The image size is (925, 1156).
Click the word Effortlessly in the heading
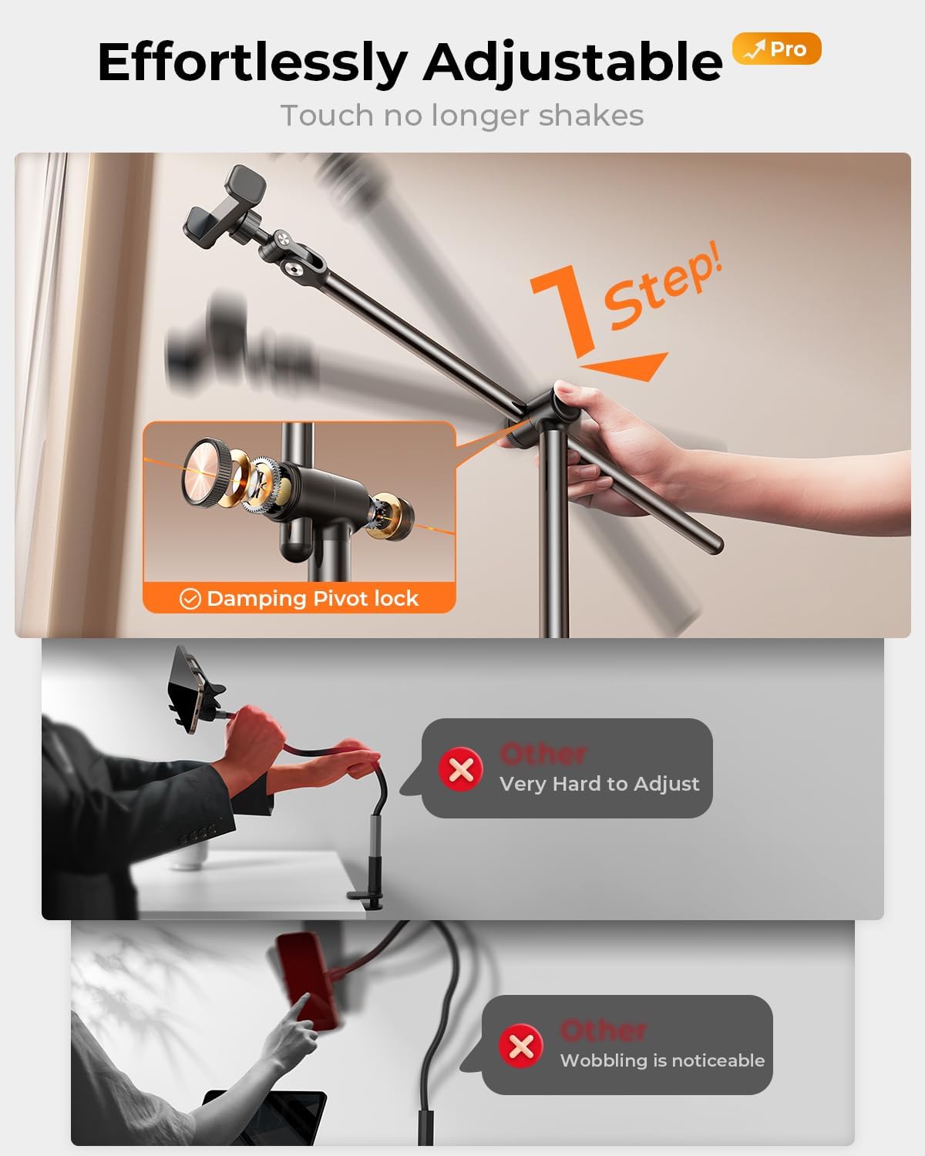click(252, 62)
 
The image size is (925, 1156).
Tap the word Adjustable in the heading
click(573, 63)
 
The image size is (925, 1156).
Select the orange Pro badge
click(777, 49)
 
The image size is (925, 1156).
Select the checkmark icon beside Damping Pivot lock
click(190, 598)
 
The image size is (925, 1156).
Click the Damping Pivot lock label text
click(312, 598)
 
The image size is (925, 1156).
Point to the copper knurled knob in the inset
click(206, 472)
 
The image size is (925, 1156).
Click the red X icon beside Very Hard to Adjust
click(461, 769)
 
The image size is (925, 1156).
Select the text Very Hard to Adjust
click(599, 784)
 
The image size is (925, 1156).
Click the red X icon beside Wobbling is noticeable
click(521, 1046)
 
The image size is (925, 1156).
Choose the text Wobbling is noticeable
click(662, 1060)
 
